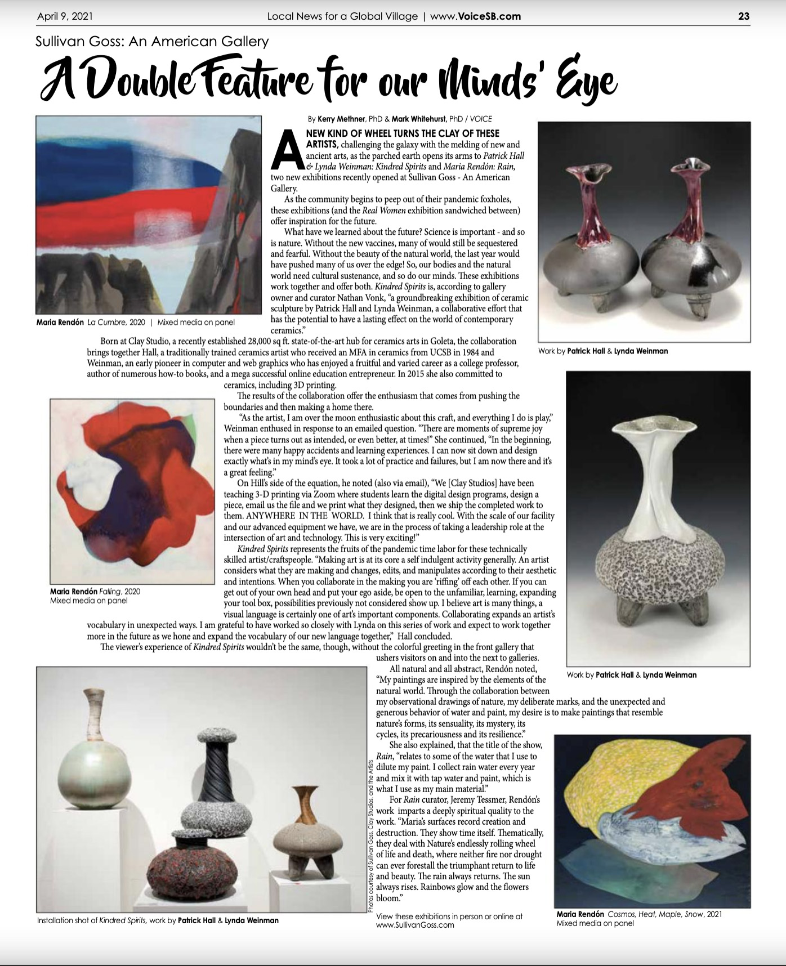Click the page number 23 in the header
pos(744,16)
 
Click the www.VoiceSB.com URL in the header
pos(475,16)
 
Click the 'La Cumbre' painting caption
pos(135,323)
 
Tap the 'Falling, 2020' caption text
pos(95,592)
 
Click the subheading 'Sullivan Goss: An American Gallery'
pos(152,41)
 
